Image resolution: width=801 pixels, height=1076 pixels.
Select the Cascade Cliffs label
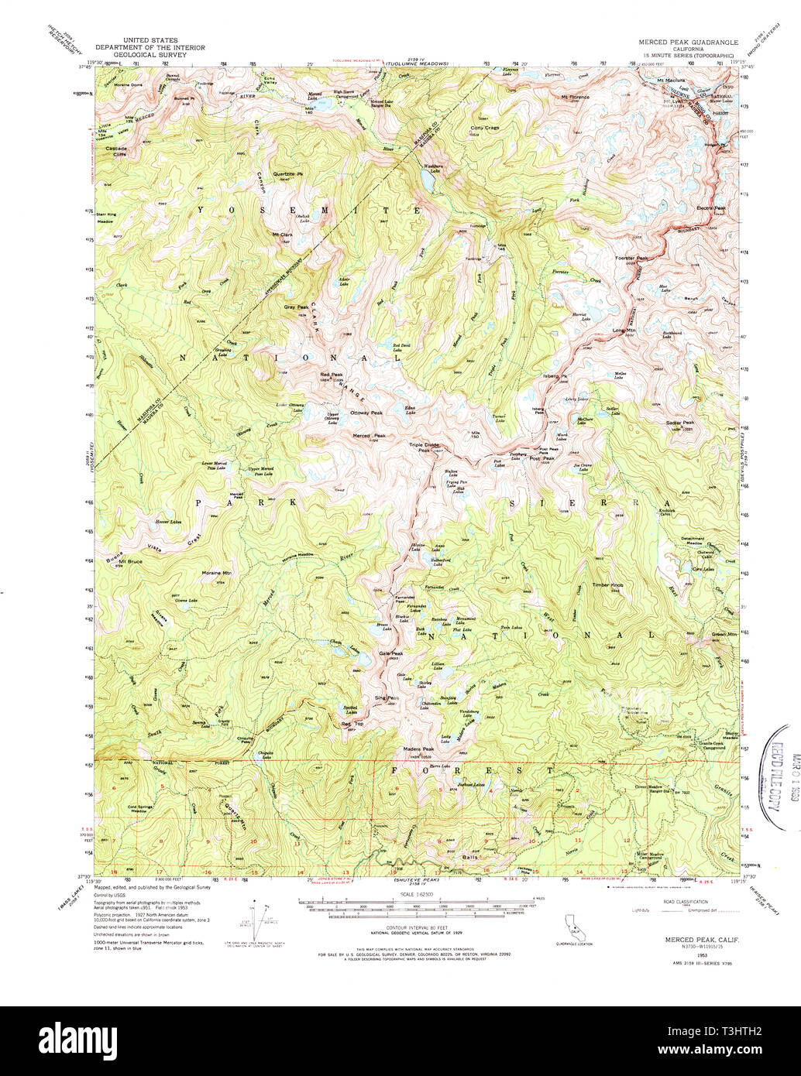[117, 150]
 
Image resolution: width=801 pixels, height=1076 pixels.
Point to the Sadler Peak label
[681, 423]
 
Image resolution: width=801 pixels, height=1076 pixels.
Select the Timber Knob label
[607, 584]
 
